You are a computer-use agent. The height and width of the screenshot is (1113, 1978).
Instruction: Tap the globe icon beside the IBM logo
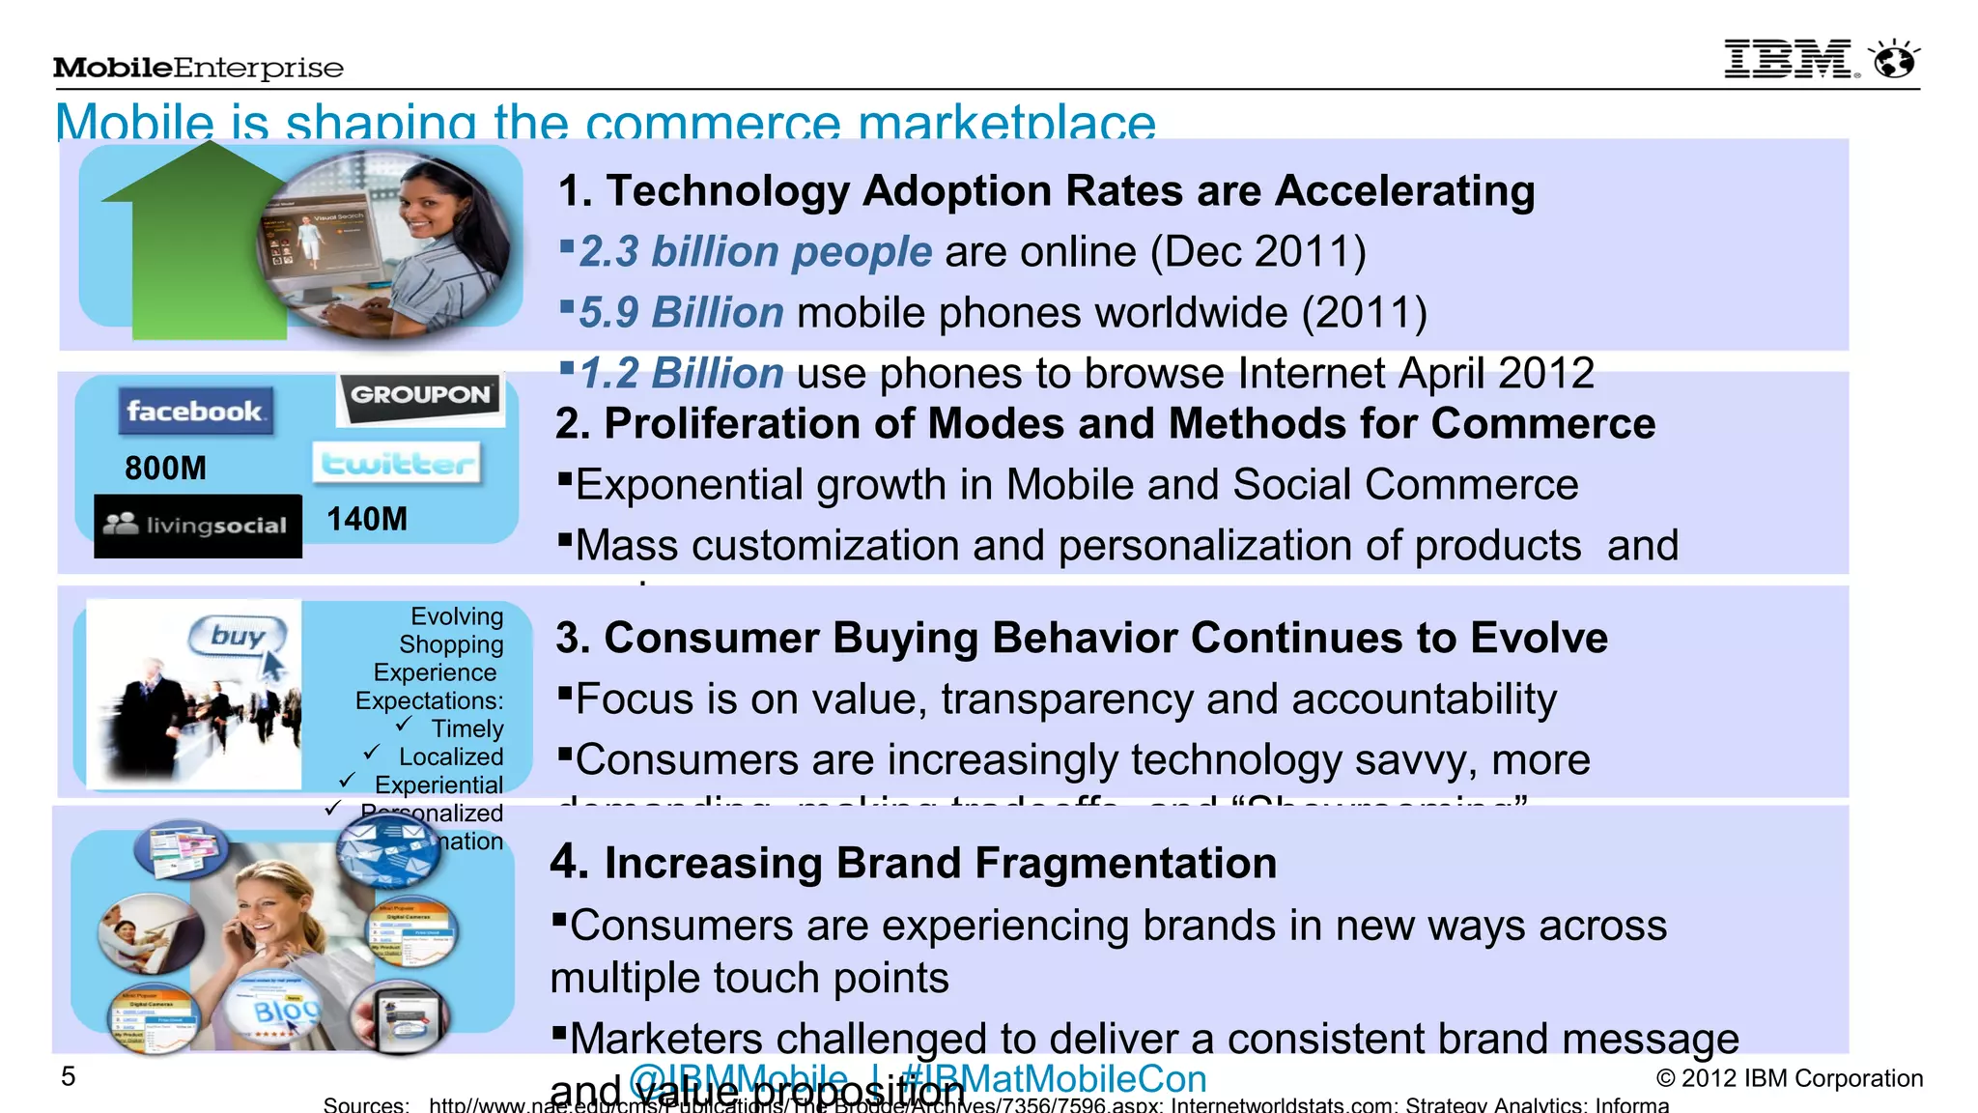click(1894, 60)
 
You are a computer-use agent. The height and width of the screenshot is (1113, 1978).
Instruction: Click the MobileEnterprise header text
click(198, 68)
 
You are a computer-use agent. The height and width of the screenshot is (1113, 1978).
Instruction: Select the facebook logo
click(194, 412)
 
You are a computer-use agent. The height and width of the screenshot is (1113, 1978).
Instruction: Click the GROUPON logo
click(420, 396)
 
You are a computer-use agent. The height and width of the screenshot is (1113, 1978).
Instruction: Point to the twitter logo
click(397, 465)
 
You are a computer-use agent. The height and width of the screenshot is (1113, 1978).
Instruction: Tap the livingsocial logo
click(197, 526)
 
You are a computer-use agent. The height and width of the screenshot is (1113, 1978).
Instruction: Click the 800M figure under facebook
click(165, 469)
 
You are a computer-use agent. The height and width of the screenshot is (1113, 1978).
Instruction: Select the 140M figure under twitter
click(367, 520)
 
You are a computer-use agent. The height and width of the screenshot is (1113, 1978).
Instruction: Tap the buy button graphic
click(239, 637)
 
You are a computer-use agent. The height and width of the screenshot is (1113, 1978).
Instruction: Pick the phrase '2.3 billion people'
click(755, 252)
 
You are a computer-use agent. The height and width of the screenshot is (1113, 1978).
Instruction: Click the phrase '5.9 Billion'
click(681, 313)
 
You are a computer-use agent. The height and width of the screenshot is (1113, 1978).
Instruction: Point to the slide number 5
click(68, 1076)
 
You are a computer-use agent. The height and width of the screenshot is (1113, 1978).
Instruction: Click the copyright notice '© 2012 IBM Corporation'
click(1789, 1078)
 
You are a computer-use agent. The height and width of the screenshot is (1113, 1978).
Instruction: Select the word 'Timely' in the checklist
click(467, 728)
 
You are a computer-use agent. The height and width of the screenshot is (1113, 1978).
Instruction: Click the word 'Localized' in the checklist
click(451, 756)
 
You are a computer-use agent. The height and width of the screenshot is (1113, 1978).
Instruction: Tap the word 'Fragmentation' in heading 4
click(1057, 864)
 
